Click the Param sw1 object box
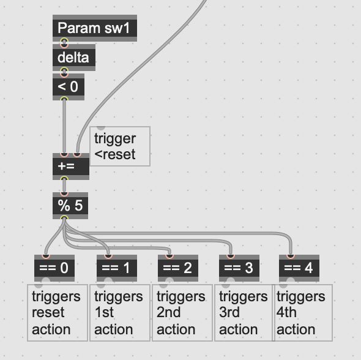pos(95,28)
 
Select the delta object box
pos(74,58)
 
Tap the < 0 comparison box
pos(69,87)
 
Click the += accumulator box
pos(71,167)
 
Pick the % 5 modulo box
pos(70,206)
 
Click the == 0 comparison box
pos(54,268)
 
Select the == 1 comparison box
pos(117,268)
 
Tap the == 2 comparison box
pos(178,268)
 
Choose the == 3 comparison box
pos(239,268)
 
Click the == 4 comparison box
pos(299,268)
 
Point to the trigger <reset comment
pos(120,146)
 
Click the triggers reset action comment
pos(58,313)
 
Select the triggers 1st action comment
pos(120,313)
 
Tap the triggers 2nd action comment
pos(182,313)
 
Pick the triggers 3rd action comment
pos(244,313)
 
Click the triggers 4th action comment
pos(302,313)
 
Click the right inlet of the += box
pos(77,154)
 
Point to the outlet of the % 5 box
pos(64,218)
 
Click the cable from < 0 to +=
pos(64,126)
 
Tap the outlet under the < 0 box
pos(64,99)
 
